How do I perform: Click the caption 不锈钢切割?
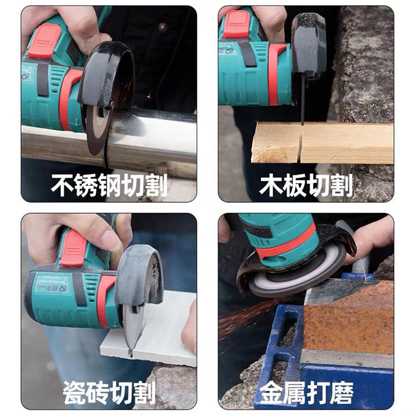coord(109,185)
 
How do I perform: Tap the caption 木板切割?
coord(306,185)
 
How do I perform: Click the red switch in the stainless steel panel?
coord(44,41)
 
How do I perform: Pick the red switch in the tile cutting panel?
coord(73,248)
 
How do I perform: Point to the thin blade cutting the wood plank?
coord(302,101)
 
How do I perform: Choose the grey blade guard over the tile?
coord(139,275)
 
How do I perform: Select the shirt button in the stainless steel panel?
coord(162,27)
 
